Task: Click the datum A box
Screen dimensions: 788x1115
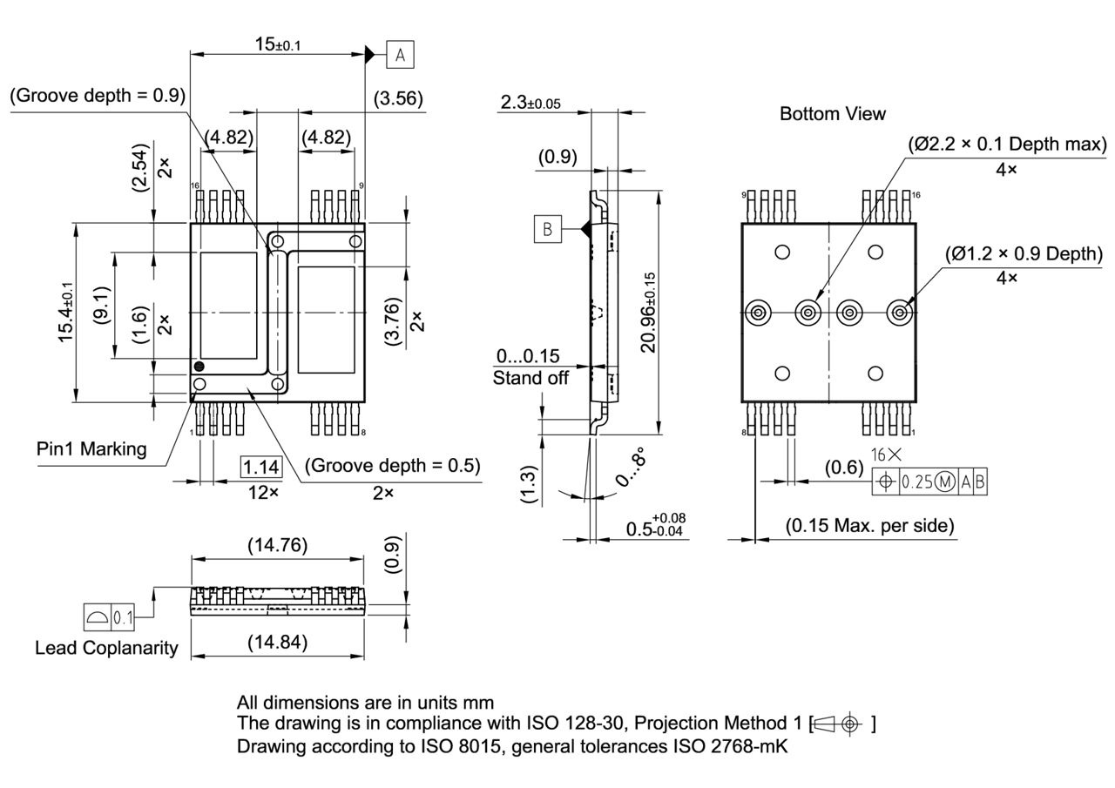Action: coord(400,55)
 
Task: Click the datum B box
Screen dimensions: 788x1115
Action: coord(548,229)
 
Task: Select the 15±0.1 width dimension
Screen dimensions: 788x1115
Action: coord(278,44)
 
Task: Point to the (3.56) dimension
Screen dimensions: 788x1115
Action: coord(398,99)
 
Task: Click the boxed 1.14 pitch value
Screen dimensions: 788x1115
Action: coord(261,468)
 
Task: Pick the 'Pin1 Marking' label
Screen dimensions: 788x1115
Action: coord(91,449)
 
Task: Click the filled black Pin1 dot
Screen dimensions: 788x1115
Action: coord(199,367)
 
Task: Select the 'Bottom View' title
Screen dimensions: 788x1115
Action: coord(832,114)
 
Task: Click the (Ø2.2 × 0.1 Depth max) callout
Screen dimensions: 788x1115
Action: coord(1006,144)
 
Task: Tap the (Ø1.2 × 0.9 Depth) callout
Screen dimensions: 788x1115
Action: coord(1024,253)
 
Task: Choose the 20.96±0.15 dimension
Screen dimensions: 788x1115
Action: coord(648,312)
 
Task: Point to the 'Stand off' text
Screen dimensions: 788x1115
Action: coord(530,378)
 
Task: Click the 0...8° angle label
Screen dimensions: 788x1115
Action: coord(631,467)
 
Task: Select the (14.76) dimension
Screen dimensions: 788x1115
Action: coord(277,545)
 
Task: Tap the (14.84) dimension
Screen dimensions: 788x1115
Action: coord(277,643)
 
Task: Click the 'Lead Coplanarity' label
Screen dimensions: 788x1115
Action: coord(106,648)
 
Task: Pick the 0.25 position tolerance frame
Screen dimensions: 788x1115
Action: coord(929,482)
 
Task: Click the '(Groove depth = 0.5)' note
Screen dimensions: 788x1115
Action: coord(392,466)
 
